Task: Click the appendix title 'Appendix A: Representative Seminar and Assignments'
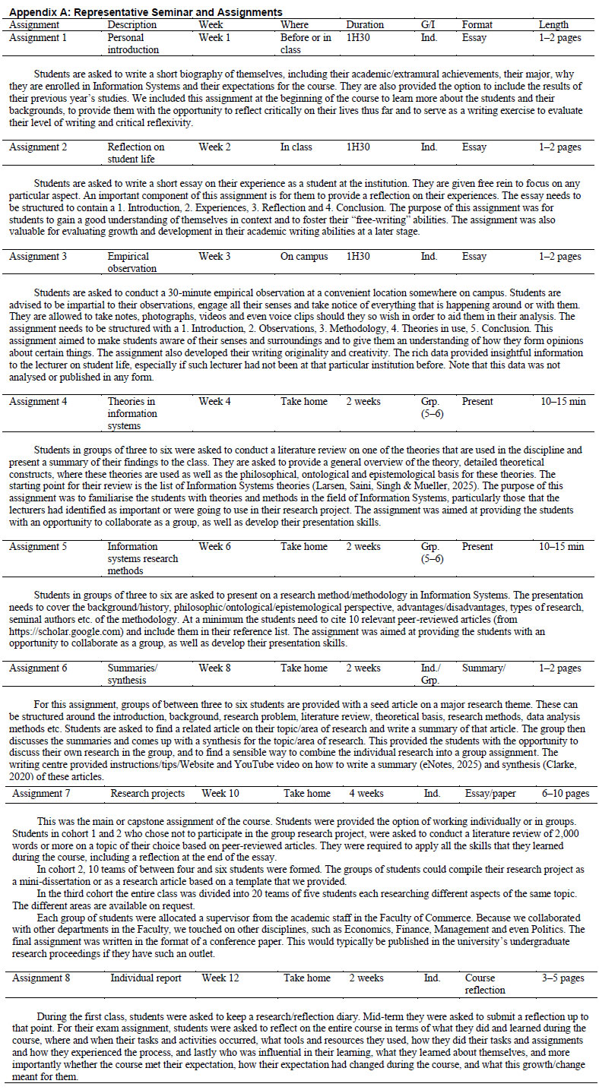(144, 12)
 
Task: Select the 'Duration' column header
(365, 24)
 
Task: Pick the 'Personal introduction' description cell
(133, 43)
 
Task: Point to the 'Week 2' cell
(214, 147)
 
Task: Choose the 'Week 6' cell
(214, 546)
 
